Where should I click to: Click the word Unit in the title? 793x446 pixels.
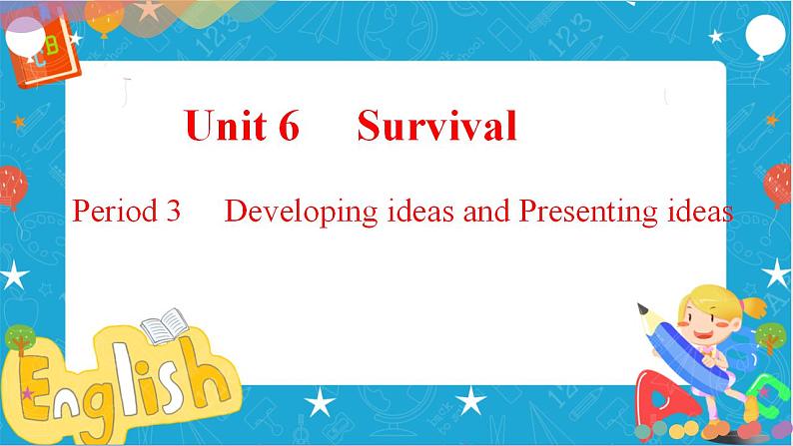[226, 125]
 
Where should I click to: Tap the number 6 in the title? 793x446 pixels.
[289, 126]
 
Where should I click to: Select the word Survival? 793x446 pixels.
[437, 125]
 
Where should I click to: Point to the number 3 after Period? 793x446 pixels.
[173, 212]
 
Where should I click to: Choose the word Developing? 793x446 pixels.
[302, 213]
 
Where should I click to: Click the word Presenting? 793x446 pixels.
[588, 213]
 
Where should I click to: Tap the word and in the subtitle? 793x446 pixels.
[486, 212]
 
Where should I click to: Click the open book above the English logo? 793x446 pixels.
[165, 325]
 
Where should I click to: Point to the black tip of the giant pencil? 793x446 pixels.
[642, 308]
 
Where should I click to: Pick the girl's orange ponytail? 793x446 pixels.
[755, 306]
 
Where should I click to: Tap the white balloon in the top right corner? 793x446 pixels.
[765, 35]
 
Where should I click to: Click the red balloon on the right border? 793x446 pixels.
[778, 186]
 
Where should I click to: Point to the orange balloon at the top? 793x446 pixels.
[105, 18]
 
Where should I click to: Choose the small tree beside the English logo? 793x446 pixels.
[20, 338]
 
